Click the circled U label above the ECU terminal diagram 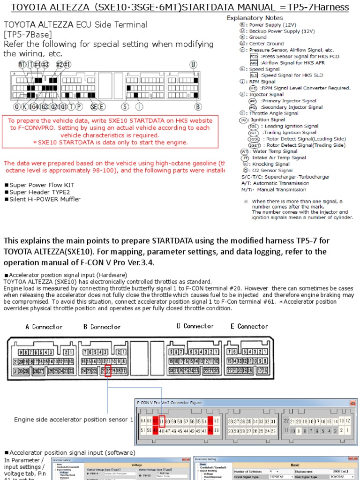coord(193,65)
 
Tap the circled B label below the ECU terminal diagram coord(198,107)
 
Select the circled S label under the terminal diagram coord(125,107)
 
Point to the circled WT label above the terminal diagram coord(22,65)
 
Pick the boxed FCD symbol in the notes coord(254,56)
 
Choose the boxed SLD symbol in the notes coord(254,75)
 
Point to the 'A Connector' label coord(44,327)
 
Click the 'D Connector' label coord(195,326)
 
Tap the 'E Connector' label coord(249,326)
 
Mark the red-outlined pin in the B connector coord(108,370)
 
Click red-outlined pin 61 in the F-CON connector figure coord(162,420)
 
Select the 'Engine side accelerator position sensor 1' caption coord(74,420)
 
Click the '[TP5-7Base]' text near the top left coord(28,34)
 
